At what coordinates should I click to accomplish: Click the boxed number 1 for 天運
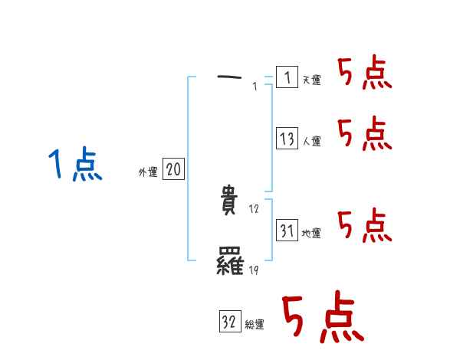(286, 77)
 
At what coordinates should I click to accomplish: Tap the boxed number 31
(287, 230)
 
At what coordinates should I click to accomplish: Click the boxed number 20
(173, 170)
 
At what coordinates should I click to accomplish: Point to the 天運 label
(311, 80)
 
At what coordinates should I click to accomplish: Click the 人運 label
(311, 141)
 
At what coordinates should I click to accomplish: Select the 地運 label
(311, 233)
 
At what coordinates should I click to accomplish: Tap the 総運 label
(255, 325)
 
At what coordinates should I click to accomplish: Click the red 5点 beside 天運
(364, 74)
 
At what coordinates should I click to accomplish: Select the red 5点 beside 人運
(364, 135)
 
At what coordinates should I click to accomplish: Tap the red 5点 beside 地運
(364, 226)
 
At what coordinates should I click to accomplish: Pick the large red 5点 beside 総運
(322, 318)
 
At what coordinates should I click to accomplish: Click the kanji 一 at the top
(229, 77)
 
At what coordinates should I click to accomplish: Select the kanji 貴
(230, 201)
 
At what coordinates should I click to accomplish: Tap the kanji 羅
(230, 263)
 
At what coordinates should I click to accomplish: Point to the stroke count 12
(255, 209)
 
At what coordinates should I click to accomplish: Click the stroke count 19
(255, 270)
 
